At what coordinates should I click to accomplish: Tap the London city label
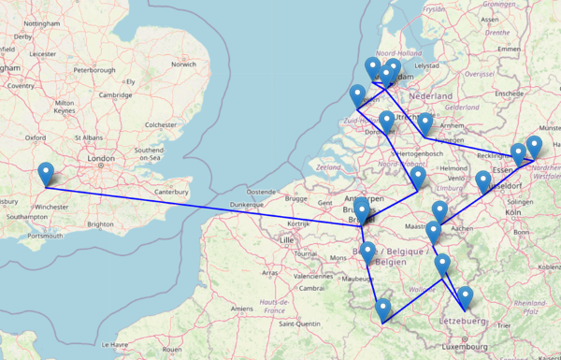pos(100,158)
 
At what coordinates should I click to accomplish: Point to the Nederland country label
pos(431,96)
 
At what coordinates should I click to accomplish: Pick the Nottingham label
pos(42,22)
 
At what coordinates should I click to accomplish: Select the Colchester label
pos(160,123)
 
